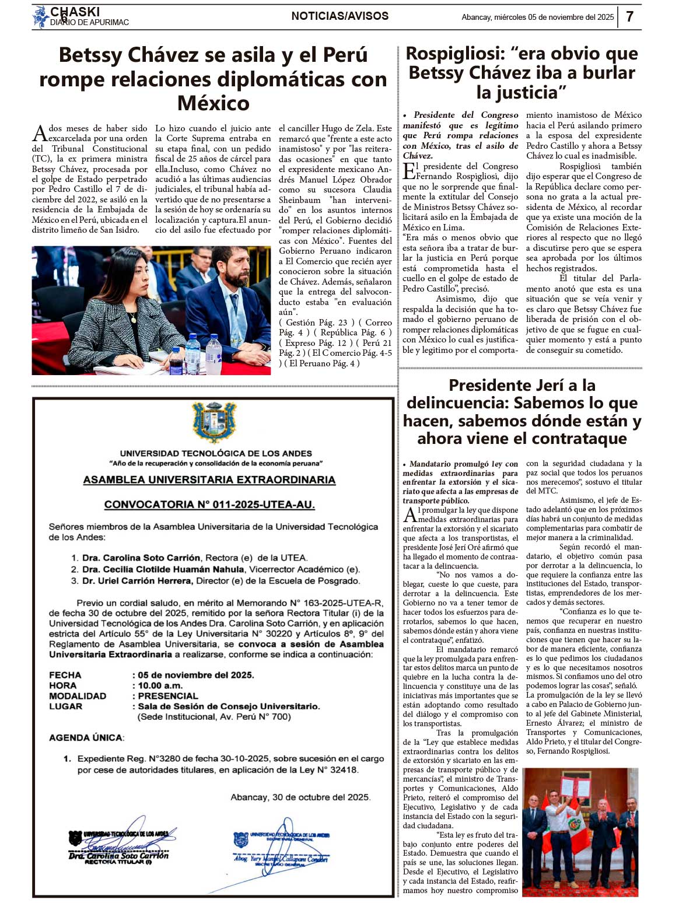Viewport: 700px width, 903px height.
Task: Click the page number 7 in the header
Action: point(630,16)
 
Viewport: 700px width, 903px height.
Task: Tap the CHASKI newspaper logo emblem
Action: point(40,17)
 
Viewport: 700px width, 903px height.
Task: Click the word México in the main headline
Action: point(213,103)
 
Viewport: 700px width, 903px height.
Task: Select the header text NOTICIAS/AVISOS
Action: point(339,16)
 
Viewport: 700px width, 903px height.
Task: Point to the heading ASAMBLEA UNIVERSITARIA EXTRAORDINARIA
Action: point(209,480)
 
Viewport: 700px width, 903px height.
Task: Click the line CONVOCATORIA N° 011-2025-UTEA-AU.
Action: point(209,505)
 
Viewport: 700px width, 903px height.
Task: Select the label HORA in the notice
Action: point(62,685)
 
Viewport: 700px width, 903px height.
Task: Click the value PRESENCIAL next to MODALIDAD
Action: point(168,696)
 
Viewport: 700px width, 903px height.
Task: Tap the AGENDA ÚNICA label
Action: point(86,738)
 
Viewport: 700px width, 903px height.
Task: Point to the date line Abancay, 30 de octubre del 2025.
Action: point(300,797)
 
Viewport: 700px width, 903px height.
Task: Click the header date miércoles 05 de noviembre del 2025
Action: point(554,17)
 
